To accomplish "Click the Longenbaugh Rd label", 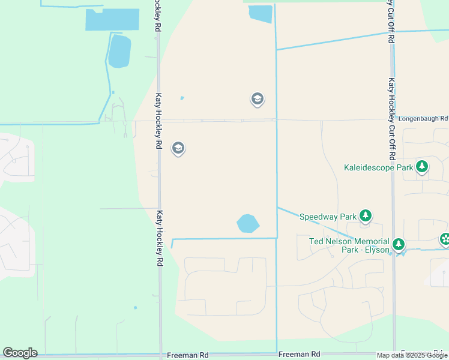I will (423, 119).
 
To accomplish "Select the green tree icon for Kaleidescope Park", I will (422, 167).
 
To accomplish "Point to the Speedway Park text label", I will (328, 217).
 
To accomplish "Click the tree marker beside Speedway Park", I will (366, 216).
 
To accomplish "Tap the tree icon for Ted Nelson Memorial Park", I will (399, 245).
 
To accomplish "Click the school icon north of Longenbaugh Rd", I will (258, 99).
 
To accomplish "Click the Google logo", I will (20, 353).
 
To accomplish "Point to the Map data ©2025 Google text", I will (412, 355).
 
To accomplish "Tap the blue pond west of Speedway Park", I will (248, 224).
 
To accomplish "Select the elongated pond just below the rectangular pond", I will (119, 51).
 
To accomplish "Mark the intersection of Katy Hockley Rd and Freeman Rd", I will (160, 355).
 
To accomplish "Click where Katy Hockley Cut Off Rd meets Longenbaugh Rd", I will (393, 119).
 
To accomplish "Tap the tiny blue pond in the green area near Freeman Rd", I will (135, 308).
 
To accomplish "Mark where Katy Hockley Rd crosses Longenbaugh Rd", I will (159, 121).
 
